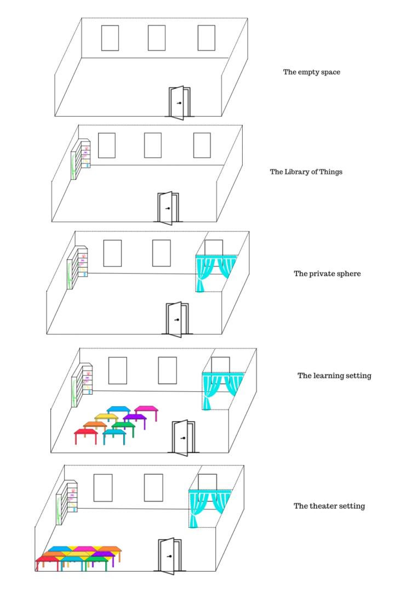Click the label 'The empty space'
tap(311, 72)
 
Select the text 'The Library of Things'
tap(306, 172)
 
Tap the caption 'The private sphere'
tap(327, 274)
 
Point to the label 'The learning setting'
tap(334, 375)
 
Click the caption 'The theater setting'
tap(329, 506)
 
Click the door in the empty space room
tap(178, 103)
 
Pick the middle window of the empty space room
tap(157, 38)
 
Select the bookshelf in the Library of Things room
tap(81, 159)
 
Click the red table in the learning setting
tap(85, 433)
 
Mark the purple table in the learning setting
tap(135, 418)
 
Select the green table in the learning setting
tap(123, 425)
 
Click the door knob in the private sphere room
tap(176, 320)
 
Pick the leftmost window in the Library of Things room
tap(106, 145)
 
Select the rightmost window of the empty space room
tap(207, 38)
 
